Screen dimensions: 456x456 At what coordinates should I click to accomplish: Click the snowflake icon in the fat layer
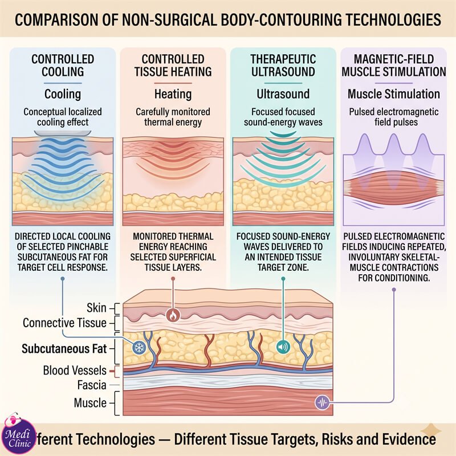[139, 347]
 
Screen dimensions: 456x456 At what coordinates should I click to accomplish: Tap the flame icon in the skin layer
[173, 315]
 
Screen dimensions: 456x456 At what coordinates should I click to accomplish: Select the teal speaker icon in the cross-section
[283, 347]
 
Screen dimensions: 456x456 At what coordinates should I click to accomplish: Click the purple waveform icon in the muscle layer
[322, 403]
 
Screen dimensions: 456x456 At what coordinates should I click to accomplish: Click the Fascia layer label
[92, 385]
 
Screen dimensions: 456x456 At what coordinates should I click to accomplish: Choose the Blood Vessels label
[75, 370]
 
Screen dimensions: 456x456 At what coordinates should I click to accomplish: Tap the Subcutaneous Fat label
[64, 348]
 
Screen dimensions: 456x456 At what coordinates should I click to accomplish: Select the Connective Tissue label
[64, 323]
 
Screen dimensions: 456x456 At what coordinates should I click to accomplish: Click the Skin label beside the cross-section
[96, 308]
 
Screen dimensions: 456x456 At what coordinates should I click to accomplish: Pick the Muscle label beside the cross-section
[90, 403]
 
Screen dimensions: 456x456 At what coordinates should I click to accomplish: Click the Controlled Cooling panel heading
[63, 66]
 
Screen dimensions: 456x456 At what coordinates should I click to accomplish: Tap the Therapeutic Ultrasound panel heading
[283, 66]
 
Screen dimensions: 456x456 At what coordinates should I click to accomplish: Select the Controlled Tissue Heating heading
[173, 66]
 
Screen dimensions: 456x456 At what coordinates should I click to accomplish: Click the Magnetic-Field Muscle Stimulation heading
[394, 66]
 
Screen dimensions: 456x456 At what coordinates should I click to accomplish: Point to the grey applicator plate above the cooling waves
[63, 133]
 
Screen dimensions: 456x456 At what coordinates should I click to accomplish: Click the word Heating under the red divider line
[173, 94]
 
